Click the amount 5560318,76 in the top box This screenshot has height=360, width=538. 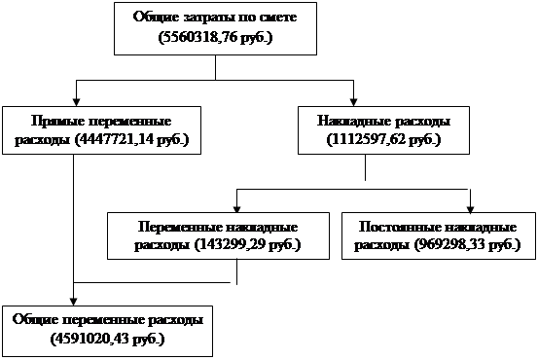coord(200,37)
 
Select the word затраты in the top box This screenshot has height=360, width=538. coord(206,17)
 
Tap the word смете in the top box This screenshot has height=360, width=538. coord(278,17)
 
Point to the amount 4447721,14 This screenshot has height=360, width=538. coord(114,140)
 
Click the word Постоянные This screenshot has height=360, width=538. coord(397,227)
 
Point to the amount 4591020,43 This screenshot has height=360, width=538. coord(90,339)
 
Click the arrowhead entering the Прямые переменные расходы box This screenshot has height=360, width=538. coord(76,102)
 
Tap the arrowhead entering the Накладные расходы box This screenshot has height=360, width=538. coord(353,102)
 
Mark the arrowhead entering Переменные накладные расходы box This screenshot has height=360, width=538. coord(236,209)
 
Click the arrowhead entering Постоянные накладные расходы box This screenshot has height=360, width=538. coord(471,209)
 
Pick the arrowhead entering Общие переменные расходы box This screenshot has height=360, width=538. coord(73,302)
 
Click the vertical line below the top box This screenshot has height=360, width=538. coord(215,67)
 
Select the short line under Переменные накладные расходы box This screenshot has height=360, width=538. coord(236,271)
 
